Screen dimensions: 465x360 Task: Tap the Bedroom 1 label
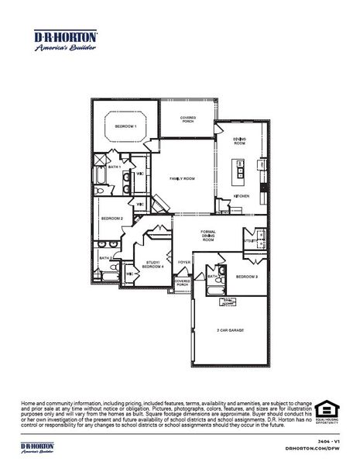coord(125,126)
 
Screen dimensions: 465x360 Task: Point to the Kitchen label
coord(242,196)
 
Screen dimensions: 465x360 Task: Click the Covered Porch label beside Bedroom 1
coord(187,119)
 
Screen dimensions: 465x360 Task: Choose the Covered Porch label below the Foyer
coord(182,284)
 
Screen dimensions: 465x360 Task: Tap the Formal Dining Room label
coord(207,236)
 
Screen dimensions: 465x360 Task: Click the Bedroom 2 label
coord(112,219)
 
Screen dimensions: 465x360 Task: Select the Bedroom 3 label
coord(247,276)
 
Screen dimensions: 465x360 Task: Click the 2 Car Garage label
coord(230,330)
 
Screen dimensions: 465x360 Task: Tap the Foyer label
coord(183,263)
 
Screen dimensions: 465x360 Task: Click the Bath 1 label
coord(114,167)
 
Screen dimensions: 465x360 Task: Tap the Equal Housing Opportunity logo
coord(330,412)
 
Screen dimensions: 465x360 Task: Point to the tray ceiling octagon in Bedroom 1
coord(125,126)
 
